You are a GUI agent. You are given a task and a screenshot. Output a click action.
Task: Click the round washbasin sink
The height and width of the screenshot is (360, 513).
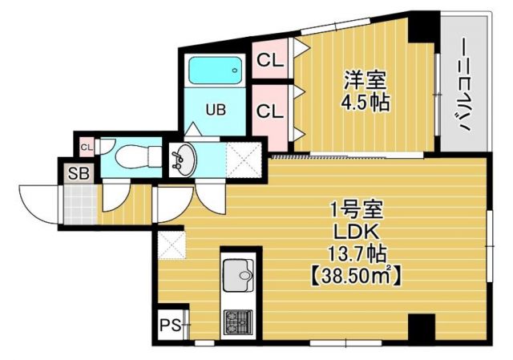click(x=184, y=160)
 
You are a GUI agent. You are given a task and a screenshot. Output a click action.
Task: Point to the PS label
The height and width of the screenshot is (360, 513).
click(x=168, y=326)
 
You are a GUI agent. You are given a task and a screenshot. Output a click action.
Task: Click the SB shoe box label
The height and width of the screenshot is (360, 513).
click(x=78, y=171)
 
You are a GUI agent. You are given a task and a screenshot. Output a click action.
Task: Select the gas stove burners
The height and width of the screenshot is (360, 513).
click(x=237, y=323)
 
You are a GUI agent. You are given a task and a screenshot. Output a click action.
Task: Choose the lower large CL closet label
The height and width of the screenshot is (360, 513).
click(x=269, y=111)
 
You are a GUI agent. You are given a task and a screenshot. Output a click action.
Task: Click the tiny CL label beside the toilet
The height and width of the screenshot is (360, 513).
click(x=87, y=146)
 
